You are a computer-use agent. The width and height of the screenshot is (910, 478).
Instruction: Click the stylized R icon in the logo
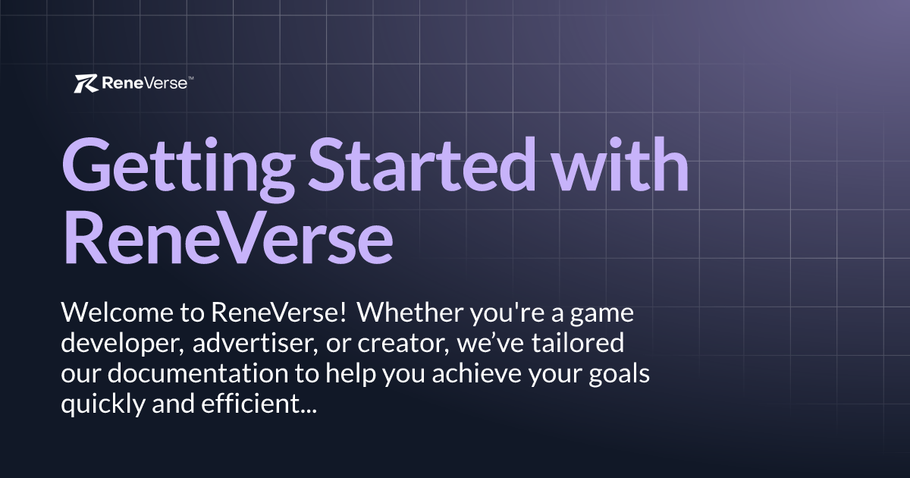click(86, 83)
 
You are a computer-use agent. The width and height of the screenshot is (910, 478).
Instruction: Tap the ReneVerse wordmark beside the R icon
click(145, 83)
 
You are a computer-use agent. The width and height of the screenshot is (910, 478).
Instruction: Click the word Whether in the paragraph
click(410, 313)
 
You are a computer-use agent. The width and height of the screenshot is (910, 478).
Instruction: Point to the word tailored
click(578, 343)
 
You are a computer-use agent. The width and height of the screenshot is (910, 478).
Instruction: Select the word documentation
click(198, 373)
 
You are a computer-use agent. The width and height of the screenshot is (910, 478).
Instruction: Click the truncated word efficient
click(259, 404)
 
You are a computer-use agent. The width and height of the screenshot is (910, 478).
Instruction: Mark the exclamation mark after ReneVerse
click(344, 313)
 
